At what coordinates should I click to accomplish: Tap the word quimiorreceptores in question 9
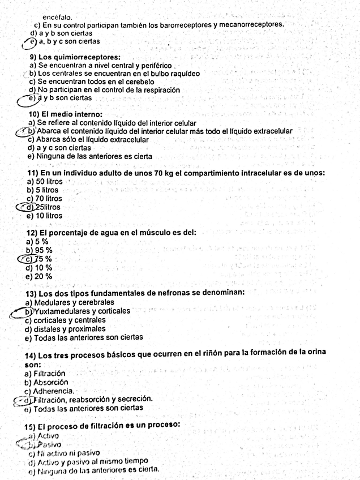(88, 57)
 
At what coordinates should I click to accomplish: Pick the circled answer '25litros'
(49, 207)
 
